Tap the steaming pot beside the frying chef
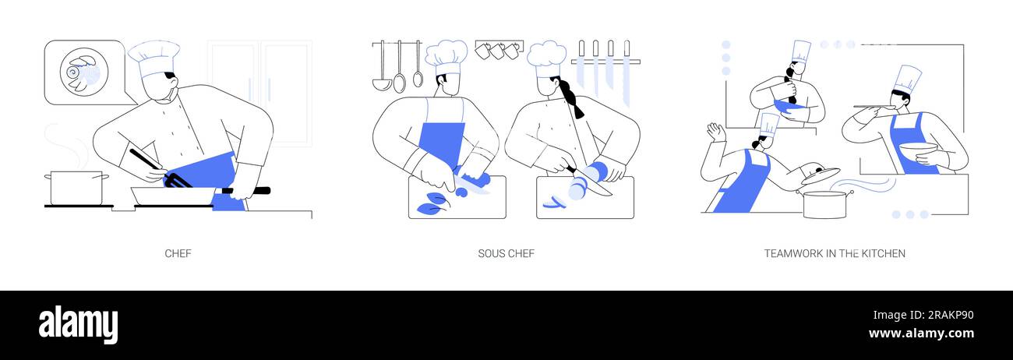point(76,189)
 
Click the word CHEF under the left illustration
point(178,253)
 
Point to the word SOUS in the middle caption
point(491,253)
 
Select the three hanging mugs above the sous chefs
point(499,51)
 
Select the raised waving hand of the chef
point(715,132)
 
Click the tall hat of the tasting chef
point(906,79)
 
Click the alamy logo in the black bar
point(78,325)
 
